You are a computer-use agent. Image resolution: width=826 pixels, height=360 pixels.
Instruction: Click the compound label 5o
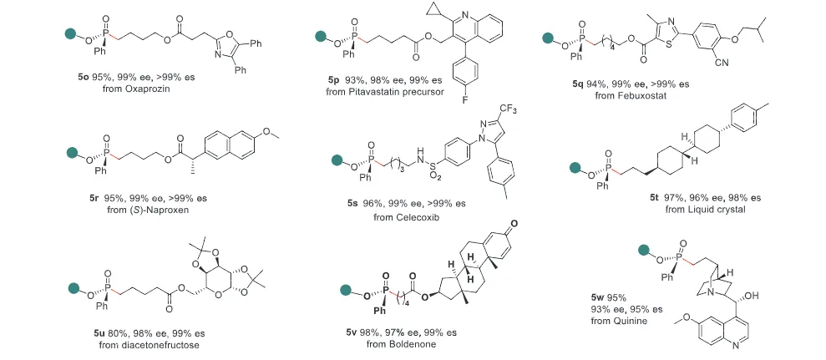(78, 76)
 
